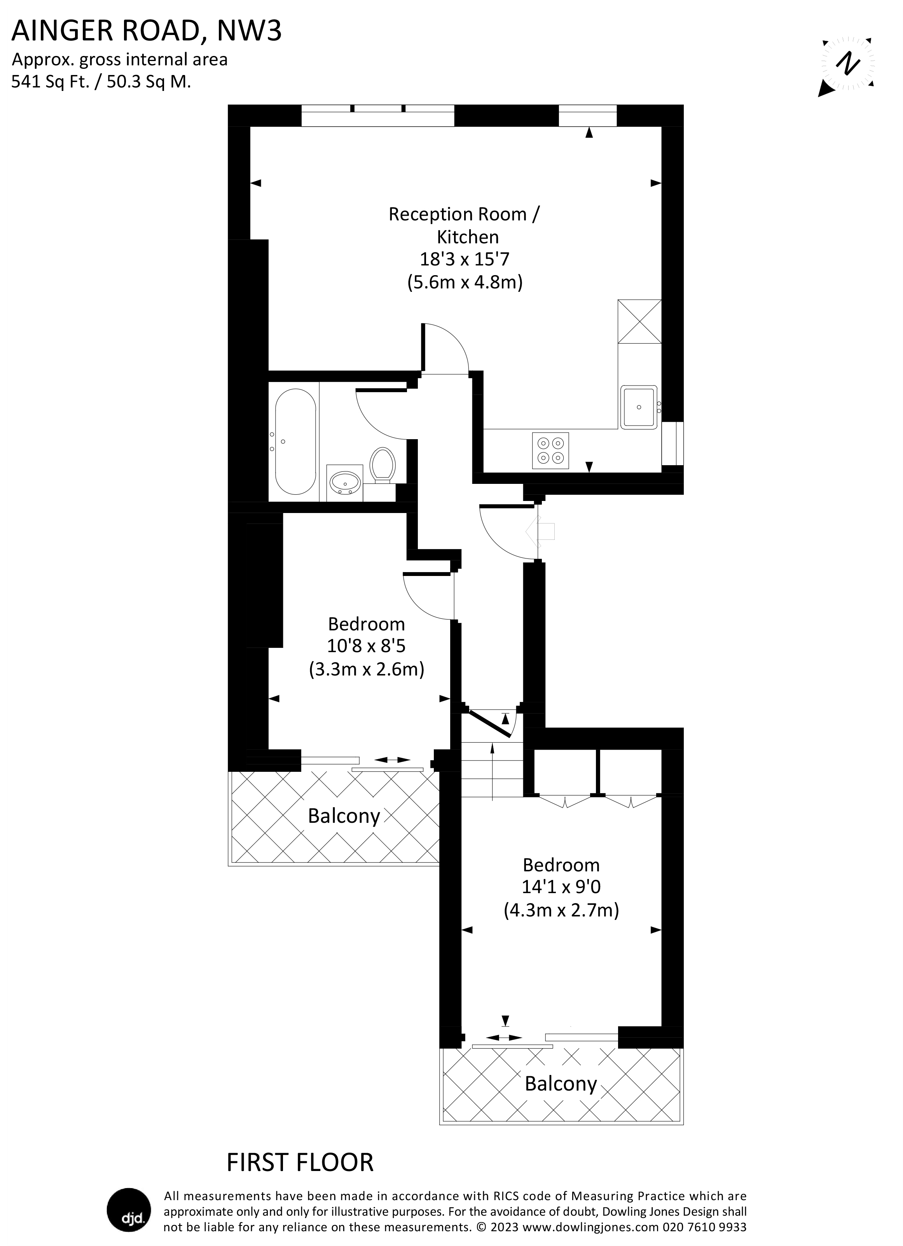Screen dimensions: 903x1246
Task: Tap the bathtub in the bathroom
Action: tap(295, 442)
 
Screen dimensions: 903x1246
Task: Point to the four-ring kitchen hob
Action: tap(550, 450)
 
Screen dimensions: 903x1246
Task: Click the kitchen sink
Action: tap(639, 407)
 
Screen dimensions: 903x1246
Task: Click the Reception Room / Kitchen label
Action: tap(465, 225)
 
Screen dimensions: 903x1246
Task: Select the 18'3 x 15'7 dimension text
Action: tap(465, 259)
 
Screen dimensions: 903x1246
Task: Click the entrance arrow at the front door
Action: tap(540, 531)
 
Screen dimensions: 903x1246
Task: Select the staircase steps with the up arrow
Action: tap(492, 769)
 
